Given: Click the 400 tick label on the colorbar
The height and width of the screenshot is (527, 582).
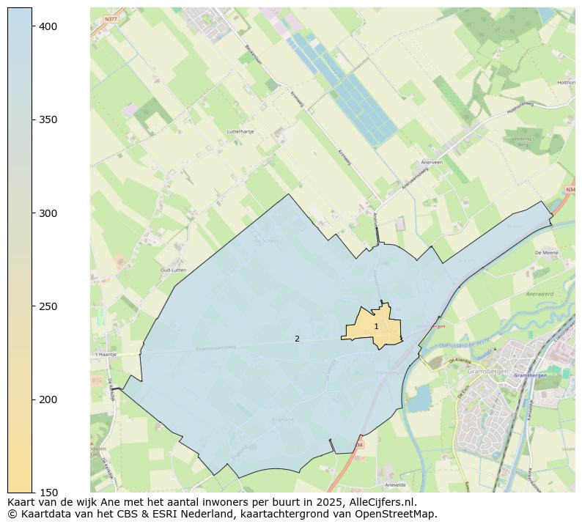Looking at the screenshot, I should [x=48, y=26].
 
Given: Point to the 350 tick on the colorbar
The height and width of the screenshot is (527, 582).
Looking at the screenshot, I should [x=48, y=119].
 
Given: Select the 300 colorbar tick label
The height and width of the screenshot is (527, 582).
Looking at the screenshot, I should [x=48, y=213].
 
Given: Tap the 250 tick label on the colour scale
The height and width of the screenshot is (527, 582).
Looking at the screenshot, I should [x=48, y=306].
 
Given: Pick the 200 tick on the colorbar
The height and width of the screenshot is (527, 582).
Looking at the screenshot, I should [x=48, y=399].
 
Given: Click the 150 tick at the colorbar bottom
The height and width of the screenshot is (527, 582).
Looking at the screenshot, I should [x=48, y=493].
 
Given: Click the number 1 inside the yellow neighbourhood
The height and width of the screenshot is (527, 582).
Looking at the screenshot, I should [x=376, y=327].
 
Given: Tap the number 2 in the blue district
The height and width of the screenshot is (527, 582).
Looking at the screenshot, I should [x=297, y=339].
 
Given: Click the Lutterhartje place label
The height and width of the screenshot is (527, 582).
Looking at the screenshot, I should [x=240, y=132].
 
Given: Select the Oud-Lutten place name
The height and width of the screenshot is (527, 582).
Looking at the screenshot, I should [x=173, y=270].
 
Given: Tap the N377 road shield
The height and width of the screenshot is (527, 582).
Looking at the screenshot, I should [x=111, y=19].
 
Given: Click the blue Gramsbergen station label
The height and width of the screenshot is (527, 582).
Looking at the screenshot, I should [x=530, y=375].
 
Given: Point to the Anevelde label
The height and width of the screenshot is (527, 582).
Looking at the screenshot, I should [x=395, y=484].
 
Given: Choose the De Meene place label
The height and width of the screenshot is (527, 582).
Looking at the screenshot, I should [x=548, y=252].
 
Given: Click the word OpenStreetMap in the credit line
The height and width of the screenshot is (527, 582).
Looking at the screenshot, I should [x=397, y=514].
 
